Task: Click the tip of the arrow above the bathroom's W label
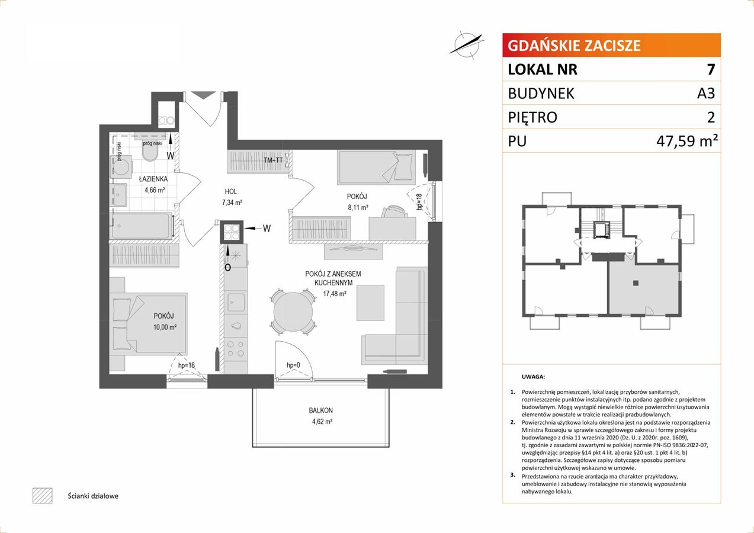(171, 134)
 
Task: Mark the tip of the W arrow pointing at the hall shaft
(244, 229)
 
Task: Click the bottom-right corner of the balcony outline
(390, 447)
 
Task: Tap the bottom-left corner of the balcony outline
(252, 447)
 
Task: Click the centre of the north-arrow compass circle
(466, 45)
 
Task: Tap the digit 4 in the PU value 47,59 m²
(662, 142)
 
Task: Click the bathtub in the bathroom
(141, 226)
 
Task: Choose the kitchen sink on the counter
(236, 303)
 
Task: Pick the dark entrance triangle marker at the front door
(203, 95)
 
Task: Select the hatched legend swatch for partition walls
(43, 496)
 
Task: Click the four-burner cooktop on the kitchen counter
(236, 349)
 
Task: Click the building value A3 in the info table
(705, 93)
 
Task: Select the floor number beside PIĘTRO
(711, 117)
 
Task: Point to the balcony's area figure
(322, 421)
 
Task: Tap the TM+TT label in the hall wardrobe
(273, 160)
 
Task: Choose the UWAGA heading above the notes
(533, 377)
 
